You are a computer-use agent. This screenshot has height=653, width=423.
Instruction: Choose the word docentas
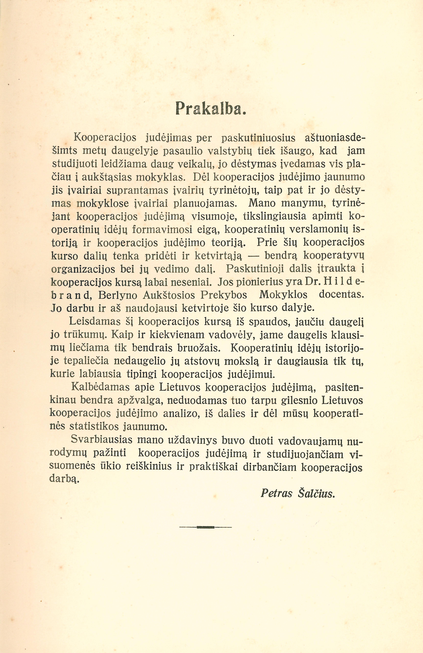[342, 295]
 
